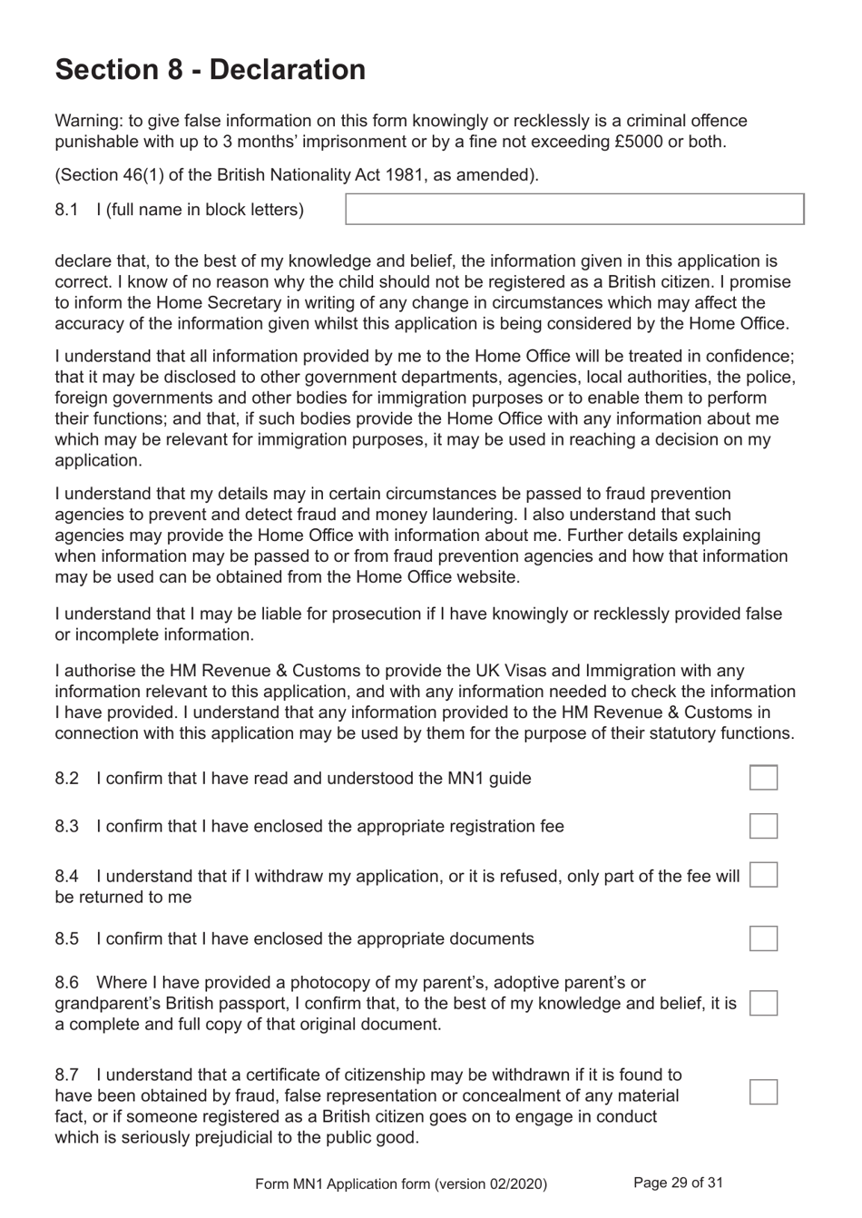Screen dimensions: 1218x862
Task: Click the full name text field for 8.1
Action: pyautogui.click(x=574, y=209)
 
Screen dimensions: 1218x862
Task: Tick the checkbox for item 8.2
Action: pyautogui.click(x=763, y=778)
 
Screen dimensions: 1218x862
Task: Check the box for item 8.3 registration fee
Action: pyautogui.click(x=763, y=826)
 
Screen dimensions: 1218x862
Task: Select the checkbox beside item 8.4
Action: pyautogui.click(x=763, y=875)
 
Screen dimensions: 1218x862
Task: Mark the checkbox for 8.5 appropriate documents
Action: pyautogui.click(x=763, y=938)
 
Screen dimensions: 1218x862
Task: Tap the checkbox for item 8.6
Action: pyautogui.click(x=763, y=1003)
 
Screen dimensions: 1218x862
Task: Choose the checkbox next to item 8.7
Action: pyautogui.click(x=763, y=1092)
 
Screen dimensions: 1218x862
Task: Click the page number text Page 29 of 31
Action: pyautogui.click(x=678, y=1183)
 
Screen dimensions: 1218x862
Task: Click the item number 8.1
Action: pyautogui.click(x=66, y=210)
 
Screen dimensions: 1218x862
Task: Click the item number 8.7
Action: pyautogui.click(x=66, y=1075)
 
